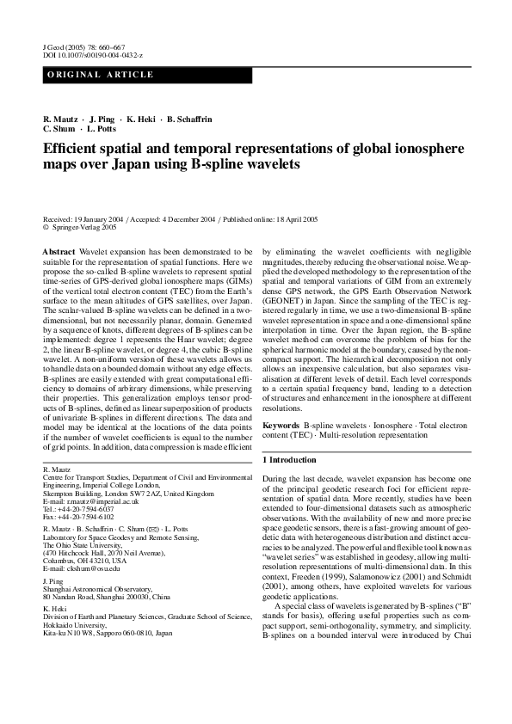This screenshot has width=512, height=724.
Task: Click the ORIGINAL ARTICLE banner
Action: tap(101, 75)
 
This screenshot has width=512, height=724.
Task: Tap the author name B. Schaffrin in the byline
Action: tap(189, 118)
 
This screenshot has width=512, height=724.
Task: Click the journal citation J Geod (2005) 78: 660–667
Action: tap(83, 47)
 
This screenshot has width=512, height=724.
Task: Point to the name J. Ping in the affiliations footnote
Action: tap(54, 581)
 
